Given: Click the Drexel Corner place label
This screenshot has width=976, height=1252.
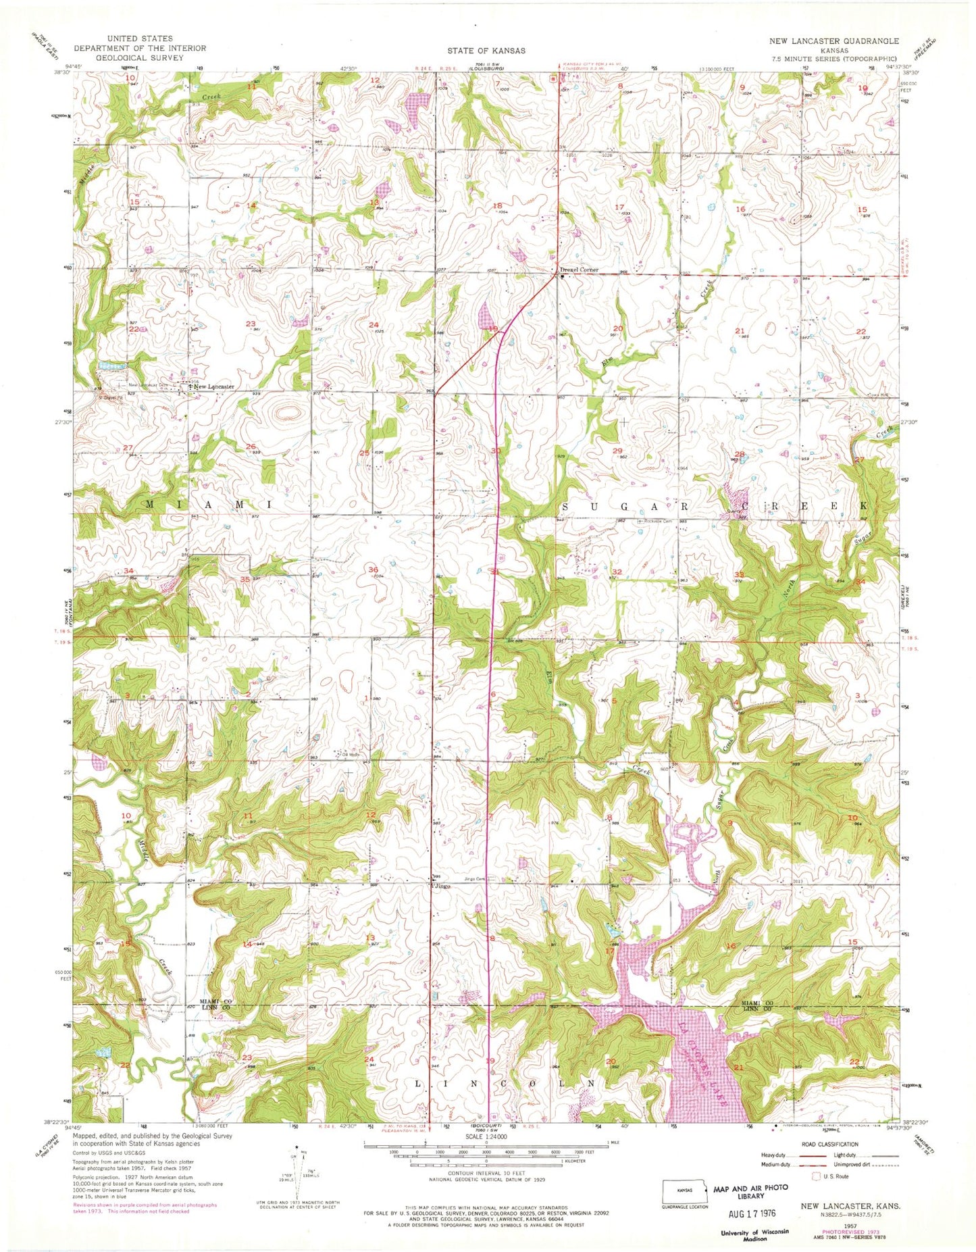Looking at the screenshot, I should click(580, 270).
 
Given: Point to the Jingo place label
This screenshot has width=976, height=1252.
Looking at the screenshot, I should click(443, 885).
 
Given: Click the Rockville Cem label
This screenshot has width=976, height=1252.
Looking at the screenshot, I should click(659, 520).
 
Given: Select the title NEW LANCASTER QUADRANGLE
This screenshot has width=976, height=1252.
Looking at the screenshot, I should click(834, 41).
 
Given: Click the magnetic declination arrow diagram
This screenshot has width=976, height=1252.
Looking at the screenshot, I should click(297, 1175).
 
